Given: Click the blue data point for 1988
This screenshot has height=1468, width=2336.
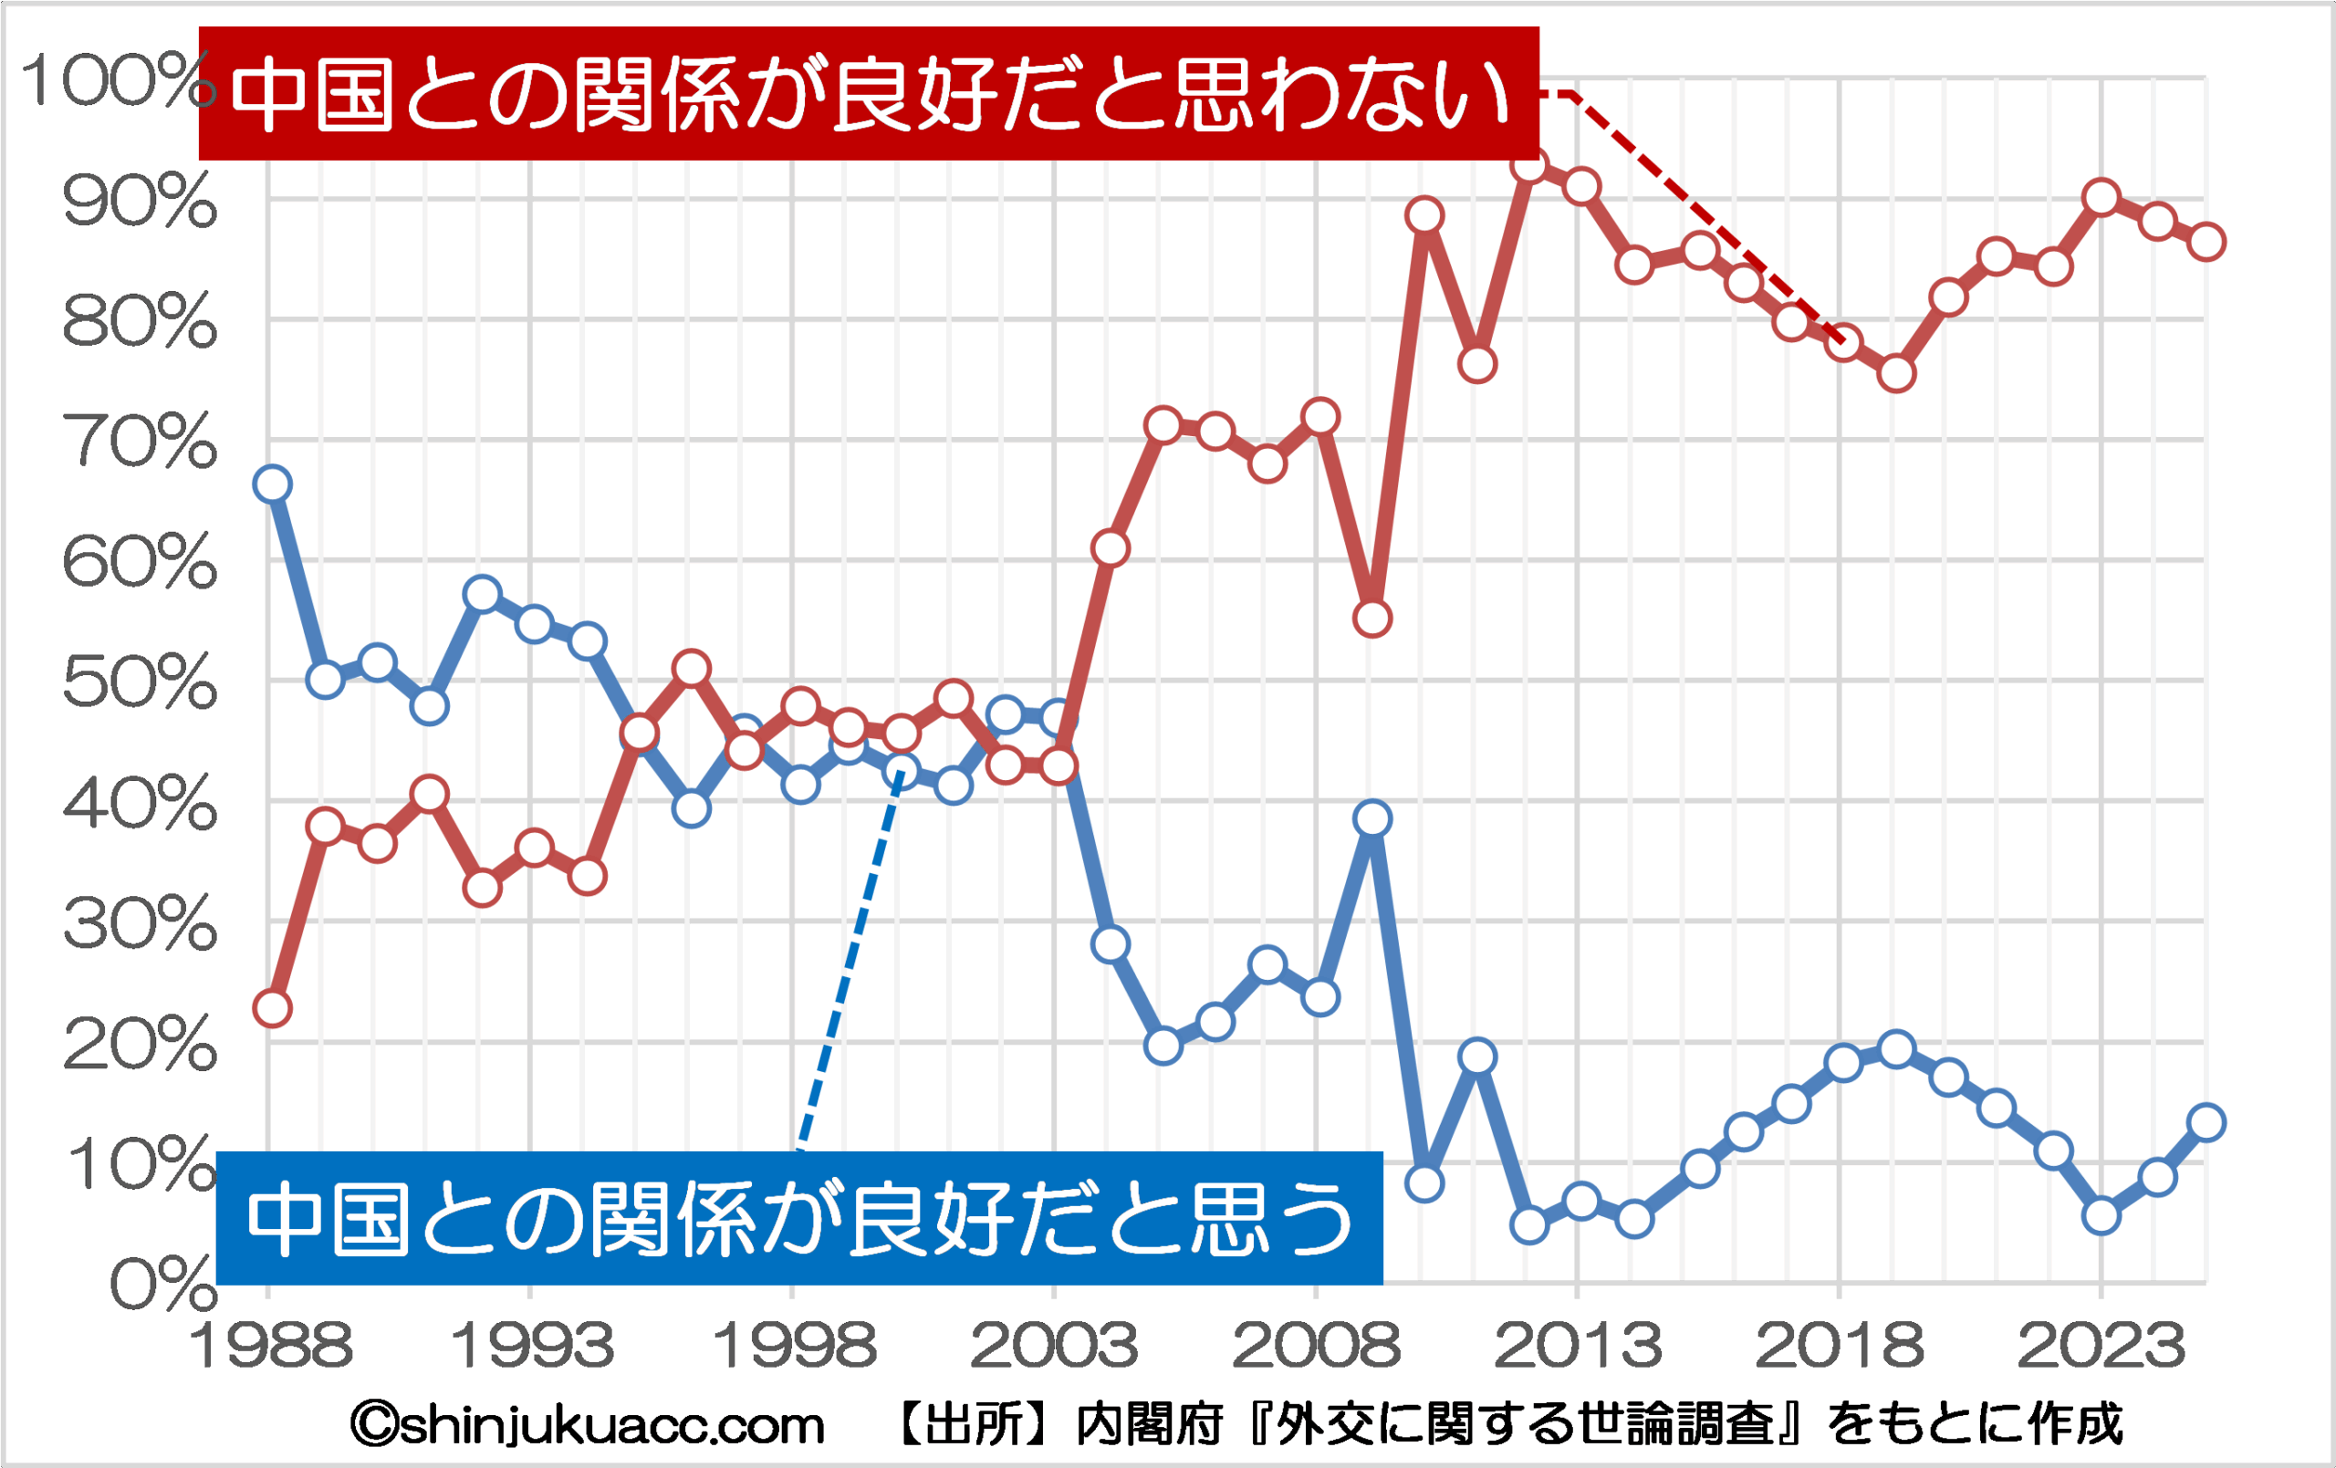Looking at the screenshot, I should click(x=273, y=484).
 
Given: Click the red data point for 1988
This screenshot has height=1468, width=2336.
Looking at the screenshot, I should click(x=273, y=1008).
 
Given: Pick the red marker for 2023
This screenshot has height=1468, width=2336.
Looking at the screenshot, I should click(x=2101, y=198).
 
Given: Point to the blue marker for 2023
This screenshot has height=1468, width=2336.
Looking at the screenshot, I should click(x=2101, y=1216).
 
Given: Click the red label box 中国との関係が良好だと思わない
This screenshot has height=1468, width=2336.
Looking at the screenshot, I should click(x=868, y=93).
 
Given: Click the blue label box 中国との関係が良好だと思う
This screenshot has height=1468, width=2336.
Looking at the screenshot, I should click(x=798, y=1218).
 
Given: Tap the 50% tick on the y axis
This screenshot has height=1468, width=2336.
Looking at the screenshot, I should click(x=139, y=682).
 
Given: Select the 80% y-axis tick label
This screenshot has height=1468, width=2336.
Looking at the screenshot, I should click(x=139, y=321).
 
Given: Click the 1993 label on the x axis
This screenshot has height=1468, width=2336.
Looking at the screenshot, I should click(x=533, y=1346).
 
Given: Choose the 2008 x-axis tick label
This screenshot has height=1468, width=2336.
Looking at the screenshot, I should click(x=1317, y=1346).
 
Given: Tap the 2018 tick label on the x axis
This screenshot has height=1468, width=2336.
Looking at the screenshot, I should click(x=1840, y=1346).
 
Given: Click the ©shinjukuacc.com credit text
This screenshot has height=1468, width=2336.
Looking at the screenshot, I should click(x=588, y=1425).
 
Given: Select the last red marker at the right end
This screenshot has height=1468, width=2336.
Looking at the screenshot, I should click(x=2207, y=242).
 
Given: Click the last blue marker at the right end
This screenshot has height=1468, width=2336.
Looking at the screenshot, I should click(x=2207, y=1122).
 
